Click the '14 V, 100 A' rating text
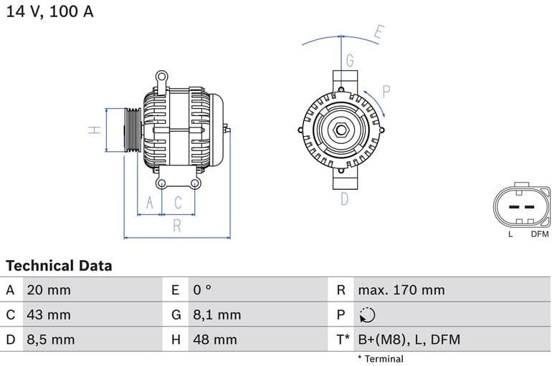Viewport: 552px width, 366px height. (x=50, y=12)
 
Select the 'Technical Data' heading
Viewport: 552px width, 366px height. (x=59, y=266)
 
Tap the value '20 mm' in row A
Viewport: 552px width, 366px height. (x=48, y=290)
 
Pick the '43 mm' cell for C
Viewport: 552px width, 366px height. (x=48, y=314)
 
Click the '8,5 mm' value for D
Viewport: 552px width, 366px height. (x=50, y=339)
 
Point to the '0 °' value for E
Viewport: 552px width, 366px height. (x=202, y=290)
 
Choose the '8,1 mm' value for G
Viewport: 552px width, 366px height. (x=216, y=314)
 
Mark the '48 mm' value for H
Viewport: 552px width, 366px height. (x=214, y=339)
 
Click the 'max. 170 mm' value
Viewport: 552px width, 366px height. (x=401, y=290)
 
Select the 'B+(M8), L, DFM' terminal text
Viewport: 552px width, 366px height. (x=409, y=339)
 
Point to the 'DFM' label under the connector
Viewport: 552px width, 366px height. (x=539, y=234)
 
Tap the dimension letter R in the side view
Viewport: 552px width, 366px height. (x=177, y=226)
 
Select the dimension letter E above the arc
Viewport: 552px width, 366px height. (x=379, y=32)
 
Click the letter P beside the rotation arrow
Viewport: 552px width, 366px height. (x=386, y=91)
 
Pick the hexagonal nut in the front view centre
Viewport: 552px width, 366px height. (x=341, y=131)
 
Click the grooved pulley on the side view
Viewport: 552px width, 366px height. (x=132, y=130)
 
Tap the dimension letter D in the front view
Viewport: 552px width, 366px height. (x=344, y=199)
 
